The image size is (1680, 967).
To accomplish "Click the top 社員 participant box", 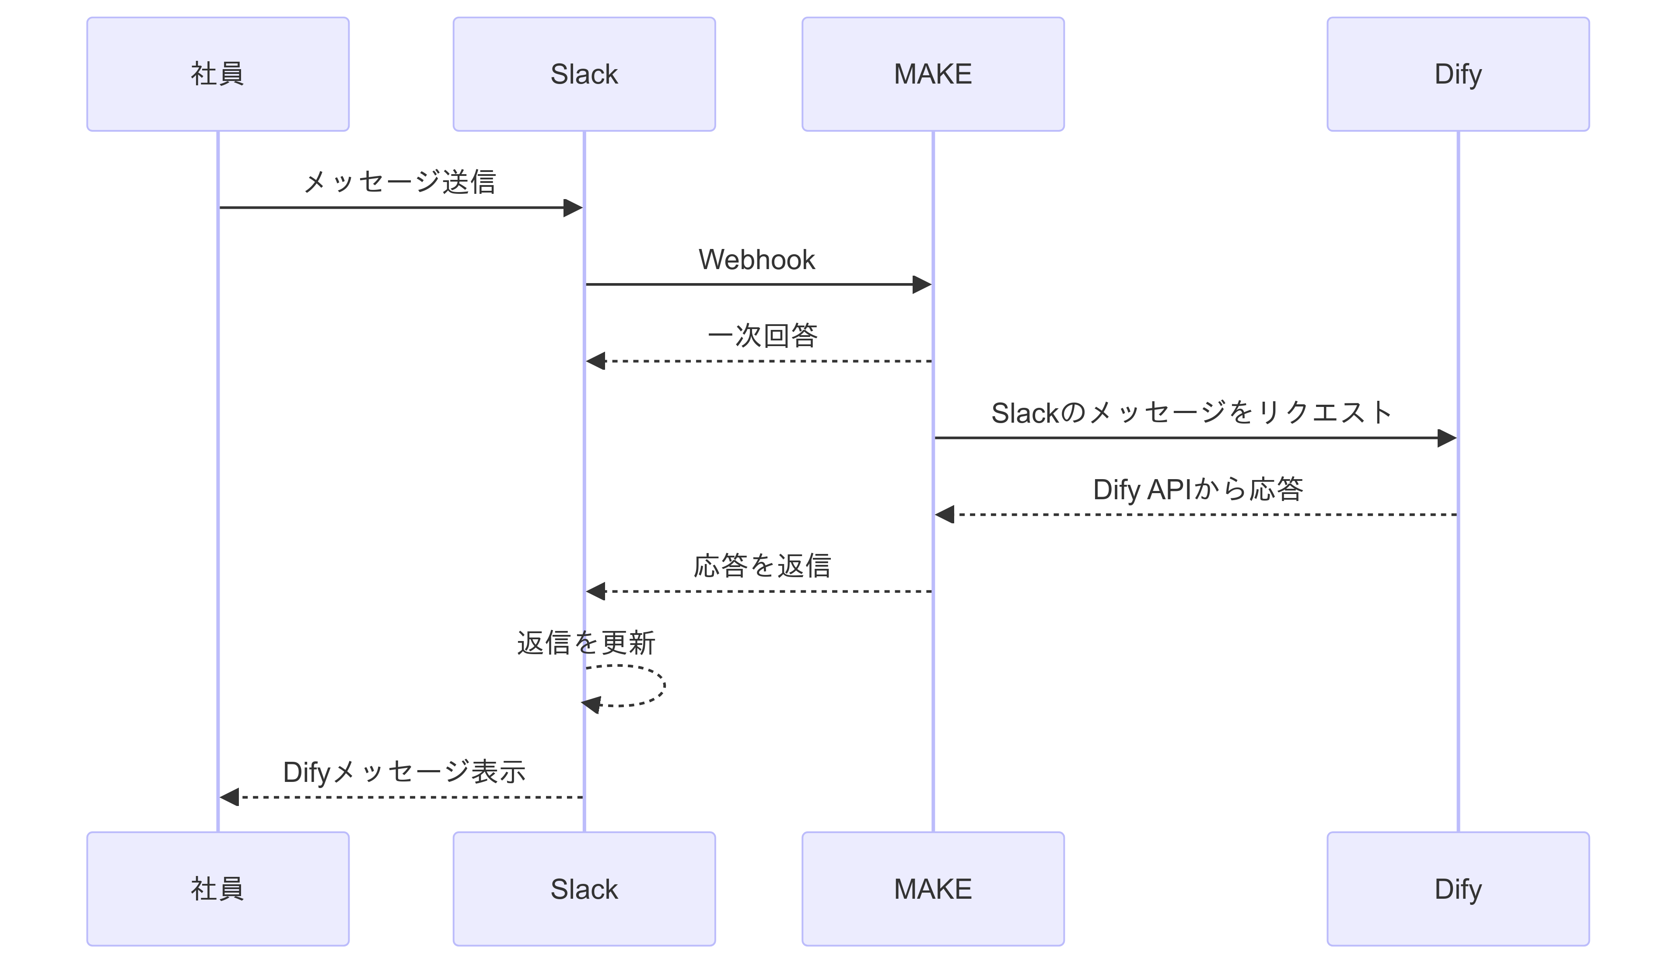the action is (x=218, y=74).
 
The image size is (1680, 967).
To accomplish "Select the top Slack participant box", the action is (x=584, y=74).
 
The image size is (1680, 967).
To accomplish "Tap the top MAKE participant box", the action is (x=933, y=74).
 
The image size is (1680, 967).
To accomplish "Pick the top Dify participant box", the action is (x=1458, y=74).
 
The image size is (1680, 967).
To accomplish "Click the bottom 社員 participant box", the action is (x=218, y=889).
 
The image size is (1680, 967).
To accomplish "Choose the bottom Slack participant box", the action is (x=584, y=889).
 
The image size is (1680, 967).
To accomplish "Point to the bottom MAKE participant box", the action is (x=933, y=889).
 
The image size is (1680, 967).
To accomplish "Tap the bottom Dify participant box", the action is (x=1458, y=889).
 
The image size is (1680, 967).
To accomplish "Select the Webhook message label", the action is (x=756, y=259).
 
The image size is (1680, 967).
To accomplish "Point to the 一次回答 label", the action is (x=762, y=336).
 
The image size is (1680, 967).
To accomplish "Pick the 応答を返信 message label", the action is (x=762, y=566).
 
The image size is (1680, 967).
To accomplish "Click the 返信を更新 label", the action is (x=586, y=643).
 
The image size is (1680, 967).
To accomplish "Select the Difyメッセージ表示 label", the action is (x=404, y=772).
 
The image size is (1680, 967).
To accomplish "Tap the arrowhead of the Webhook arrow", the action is (x=922, y=285).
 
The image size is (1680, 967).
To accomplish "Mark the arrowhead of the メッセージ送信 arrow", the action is (x=573, y=208).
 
